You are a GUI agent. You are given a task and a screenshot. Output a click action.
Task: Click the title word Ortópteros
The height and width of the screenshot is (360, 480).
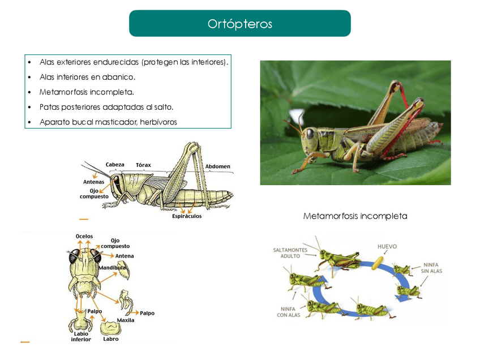239,24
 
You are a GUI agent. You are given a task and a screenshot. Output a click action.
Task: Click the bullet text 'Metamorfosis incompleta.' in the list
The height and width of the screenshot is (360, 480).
87,92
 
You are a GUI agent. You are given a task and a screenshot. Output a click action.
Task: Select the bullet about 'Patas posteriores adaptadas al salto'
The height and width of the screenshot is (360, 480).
106,106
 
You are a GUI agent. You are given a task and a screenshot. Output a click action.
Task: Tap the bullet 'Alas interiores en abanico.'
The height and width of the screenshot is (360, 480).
87,76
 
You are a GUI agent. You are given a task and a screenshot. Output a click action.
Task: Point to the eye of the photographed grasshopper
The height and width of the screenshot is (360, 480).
310,134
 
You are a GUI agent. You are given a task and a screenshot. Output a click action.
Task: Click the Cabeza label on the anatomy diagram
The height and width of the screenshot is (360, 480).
115,165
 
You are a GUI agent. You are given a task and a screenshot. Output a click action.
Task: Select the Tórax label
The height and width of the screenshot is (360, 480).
143,165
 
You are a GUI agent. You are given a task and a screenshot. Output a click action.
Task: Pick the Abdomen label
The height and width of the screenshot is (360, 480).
217,166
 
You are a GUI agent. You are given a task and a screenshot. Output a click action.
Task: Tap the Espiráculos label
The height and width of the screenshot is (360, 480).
187,216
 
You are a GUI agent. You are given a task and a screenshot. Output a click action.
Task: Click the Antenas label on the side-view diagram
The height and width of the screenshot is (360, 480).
93,182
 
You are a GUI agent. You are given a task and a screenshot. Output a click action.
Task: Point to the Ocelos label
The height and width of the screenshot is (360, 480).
84,236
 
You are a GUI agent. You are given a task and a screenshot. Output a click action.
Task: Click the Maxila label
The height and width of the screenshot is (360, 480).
126,320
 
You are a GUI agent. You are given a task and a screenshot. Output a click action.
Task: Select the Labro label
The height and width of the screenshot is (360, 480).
111,339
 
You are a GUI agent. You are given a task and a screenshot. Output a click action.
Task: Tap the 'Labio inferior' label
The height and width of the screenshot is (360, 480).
80,336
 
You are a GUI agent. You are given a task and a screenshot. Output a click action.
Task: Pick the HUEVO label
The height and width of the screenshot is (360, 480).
387,247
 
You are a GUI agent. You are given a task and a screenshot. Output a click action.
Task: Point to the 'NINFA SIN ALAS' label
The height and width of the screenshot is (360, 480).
431,268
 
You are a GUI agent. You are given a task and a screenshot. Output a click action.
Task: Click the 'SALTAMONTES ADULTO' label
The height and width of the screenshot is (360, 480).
290,252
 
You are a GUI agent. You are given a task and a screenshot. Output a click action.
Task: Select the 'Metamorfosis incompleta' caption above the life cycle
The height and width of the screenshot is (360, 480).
355,216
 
